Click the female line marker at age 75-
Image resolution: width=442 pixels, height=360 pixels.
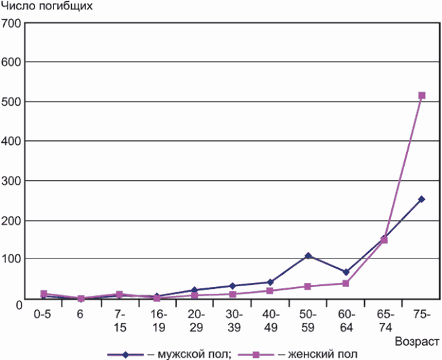(421, 95)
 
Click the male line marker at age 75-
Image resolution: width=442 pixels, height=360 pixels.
(421, 199)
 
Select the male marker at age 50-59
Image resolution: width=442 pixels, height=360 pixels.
(308, 256)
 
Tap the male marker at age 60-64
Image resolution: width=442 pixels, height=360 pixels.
(346, 272)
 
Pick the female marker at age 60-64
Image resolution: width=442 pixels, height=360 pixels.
(346, 283)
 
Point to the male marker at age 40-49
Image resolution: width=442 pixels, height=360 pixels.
(270, 282)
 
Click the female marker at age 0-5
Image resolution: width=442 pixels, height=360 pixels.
(43, 293)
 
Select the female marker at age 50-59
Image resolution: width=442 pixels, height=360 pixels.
(308, 286)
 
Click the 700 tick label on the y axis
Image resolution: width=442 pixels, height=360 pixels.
(11, 24)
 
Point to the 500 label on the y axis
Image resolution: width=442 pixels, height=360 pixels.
(11, 102)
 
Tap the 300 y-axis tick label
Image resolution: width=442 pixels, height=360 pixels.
(11, 181)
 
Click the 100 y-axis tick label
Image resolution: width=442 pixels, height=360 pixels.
(11, 260)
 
